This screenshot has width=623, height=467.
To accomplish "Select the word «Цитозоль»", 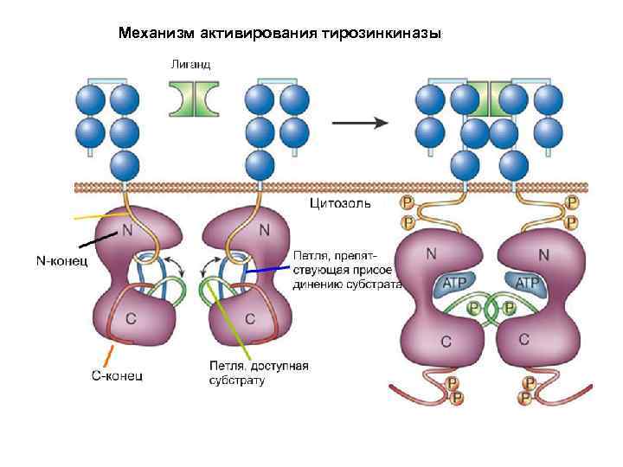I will tap(341, 205).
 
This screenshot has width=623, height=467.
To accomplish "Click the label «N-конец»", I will tap(61, 260).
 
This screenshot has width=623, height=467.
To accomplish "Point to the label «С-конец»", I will tap(118, 375).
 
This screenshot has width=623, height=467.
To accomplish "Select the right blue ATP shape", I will tap(527, 284).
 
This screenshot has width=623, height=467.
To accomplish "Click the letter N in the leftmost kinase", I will tap(127, 232).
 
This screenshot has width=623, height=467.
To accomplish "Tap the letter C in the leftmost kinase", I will tap(131, 317).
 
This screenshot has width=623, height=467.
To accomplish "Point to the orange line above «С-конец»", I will tap(109, 355).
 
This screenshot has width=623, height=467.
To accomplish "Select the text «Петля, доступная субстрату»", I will tap(258, 373).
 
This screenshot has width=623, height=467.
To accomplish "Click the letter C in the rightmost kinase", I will tap(524, 339).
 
